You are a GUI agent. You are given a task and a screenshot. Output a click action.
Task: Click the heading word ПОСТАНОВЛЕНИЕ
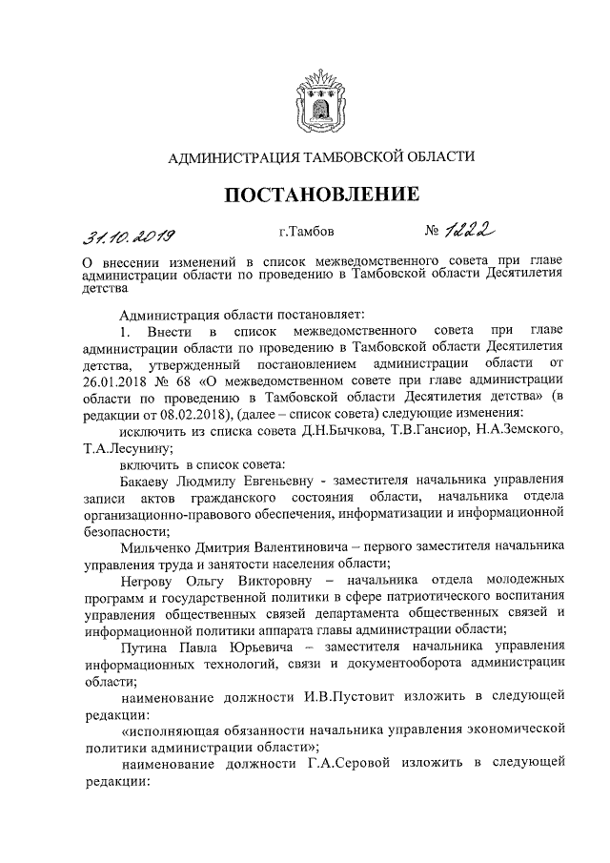pyautogui.click(x=321, y=195)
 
